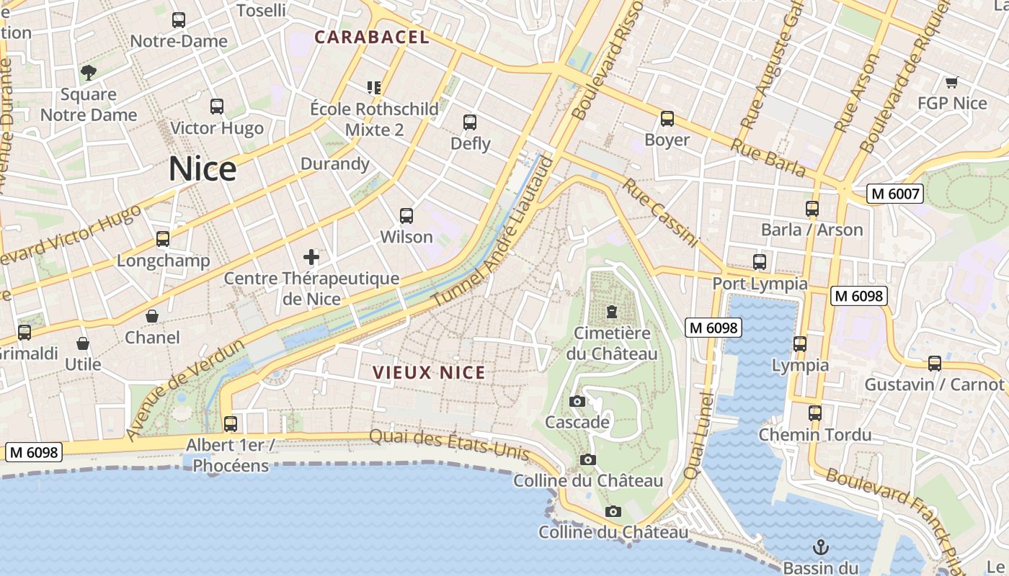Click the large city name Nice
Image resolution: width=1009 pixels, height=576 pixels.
[x=203, y=169]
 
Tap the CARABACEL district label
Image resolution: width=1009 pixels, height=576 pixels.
[x=372, y=37]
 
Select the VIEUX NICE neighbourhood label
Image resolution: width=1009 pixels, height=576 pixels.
[x=429, y=372]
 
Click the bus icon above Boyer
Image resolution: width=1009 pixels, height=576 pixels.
[x=667, y=119]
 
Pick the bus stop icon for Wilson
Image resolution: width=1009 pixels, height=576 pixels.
[x=406, y=216]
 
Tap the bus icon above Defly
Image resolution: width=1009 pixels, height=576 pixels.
[x=470, y=122]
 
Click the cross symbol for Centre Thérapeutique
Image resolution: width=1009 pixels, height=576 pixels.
[x=311, y=256]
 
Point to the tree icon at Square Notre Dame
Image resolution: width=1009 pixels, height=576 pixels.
[x=89, y=72]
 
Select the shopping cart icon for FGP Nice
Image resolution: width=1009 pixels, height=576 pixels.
[x=951, y=82]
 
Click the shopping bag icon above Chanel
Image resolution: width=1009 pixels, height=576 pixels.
[x=152, y=316]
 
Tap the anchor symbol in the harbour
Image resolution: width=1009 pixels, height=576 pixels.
[x=820, y=546]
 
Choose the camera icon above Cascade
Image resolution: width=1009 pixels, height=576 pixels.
[x=577, y=401]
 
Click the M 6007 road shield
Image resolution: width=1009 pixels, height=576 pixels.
[x=895, y=194]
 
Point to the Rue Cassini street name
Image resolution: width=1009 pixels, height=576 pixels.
[x=660, y=213]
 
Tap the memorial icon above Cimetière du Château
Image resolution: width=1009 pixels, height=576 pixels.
[x=612, y=312]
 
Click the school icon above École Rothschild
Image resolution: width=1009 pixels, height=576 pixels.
[x=373, y=88]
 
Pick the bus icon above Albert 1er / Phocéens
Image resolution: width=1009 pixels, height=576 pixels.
[x=231, y=424]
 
